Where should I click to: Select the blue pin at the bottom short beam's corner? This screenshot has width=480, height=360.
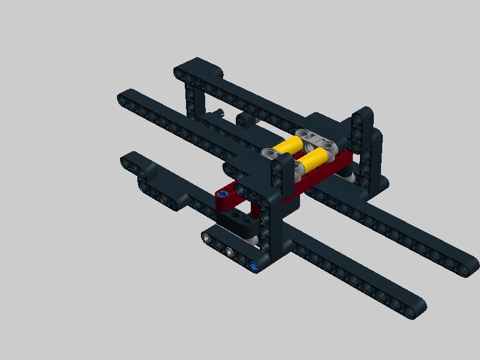pyautogui.click(x=256, y=266)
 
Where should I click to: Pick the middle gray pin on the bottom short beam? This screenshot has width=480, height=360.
pyautogui.click(x=229, y=250)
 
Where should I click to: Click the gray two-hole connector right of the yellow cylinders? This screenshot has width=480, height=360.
pyautogui.click(x=319, y=139)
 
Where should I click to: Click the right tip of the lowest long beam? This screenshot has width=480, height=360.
pyautogui.click(x=418, y=308)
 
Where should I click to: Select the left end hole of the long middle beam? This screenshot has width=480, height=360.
pyautogui.click(x=125, y=95)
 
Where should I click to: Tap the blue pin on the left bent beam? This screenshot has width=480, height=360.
pyautogui.click(x=173, y=207)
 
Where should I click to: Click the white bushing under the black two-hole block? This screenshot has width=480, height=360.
pyautogui.click(x=255, y=240)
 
